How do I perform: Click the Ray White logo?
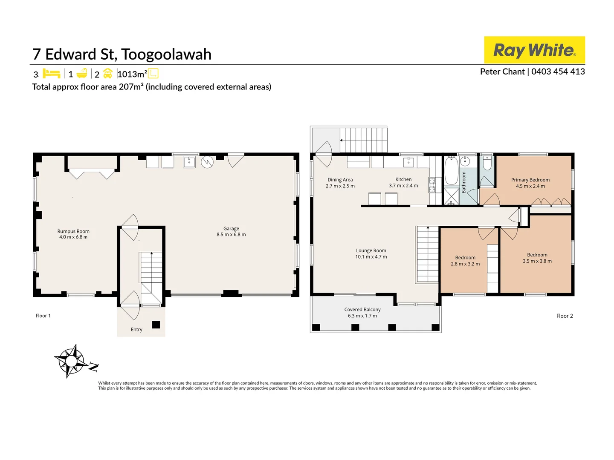(534, 50)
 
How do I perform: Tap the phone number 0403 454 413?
(558, 72)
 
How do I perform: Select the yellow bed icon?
(52, 74)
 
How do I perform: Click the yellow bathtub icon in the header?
(82, 73)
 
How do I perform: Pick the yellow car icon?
(108, 73)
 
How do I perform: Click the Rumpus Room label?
(73, 231)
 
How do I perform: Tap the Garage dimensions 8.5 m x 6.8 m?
(231, 235)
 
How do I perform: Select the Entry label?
(136, 329)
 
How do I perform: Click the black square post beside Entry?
(156, 325)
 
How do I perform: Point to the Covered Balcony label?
(362, 310)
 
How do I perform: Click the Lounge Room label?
(371, 250)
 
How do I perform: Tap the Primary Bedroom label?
(530, 180)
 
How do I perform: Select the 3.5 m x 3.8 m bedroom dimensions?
(537, 261)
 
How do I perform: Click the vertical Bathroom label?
(464, 182)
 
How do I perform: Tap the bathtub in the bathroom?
(451, 171)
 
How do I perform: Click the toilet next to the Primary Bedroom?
(487, 163)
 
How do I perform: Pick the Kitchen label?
(403, 179)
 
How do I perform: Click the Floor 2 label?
(565, 316)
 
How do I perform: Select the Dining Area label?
(340, 180)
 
